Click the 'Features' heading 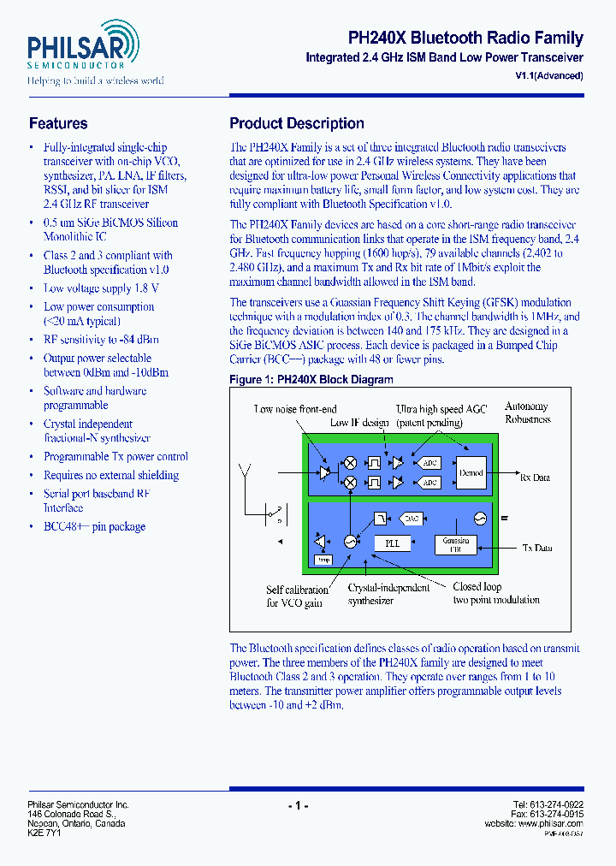click(58, 123)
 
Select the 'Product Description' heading click(296, 123)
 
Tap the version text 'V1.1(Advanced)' click(549, 75)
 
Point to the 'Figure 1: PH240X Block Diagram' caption click(311, 379)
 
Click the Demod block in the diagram click(471, 472)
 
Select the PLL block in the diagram click(393, 543)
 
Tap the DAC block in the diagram click(412, 519)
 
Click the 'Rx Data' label click(535, 477)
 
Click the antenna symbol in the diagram click(246, 472)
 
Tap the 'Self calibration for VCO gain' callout click(297, 596)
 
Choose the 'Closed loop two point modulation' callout click(495, 593)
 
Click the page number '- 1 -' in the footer click(297, 805)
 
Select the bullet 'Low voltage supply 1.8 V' click(101, 288)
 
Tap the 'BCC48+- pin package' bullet click(94, 526)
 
